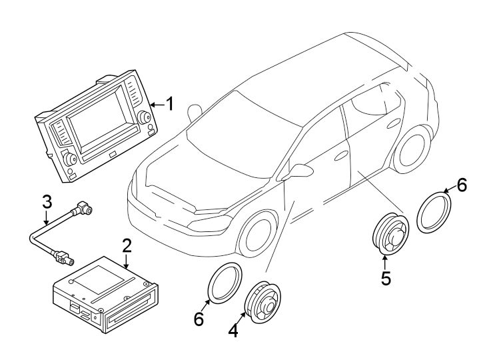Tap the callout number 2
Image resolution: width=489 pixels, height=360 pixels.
click(126, 246)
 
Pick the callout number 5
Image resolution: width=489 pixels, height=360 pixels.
click(386, 277)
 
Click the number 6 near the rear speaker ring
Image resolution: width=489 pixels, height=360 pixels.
click(461, 185)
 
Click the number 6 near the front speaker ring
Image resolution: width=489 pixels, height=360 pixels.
click(198, 319)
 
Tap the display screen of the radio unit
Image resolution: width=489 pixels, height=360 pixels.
click(97, 123)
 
